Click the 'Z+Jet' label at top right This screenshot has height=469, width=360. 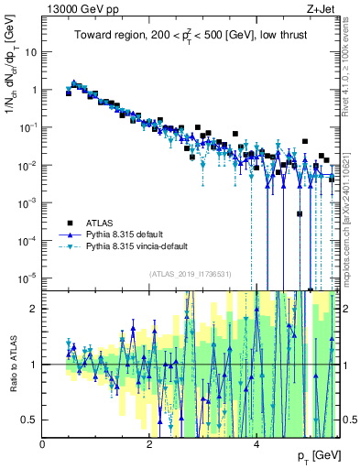click(x=321, y=8)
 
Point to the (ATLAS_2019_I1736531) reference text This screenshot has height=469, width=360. click(x=191, y=273)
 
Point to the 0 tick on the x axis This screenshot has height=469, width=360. click(x=43, y=444)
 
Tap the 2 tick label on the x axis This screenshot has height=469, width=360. click(x=149, y=444)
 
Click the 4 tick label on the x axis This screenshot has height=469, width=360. click(x=256, y=444)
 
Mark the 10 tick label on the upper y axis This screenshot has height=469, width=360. click(x=29, y=52)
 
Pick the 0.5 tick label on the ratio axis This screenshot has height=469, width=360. click(x=30, y=420)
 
